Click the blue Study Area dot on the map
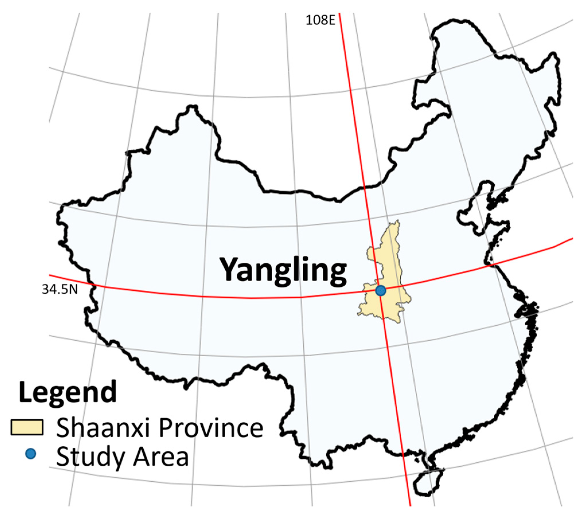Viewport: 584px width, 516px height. pos(380,291)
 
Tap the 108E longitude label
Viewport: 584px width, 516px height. pos(320,20)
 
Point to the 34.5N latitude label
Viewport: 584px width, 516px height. pos(60,290)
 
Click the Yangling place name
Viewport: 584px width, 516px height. pos(283,271)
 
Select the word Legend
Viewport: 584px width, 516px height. pos(68,392)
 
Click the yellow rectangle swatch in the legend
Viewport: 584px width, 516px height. pos(27,427)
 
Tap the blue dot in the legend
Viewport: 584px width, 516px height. pos(30,454)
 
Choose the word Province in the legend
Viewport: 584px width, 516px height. pos(211,428)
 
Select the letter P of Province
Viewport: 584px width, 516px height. pos(165,428)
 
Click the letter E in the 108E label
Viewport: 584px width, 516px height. pos(332,20)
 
